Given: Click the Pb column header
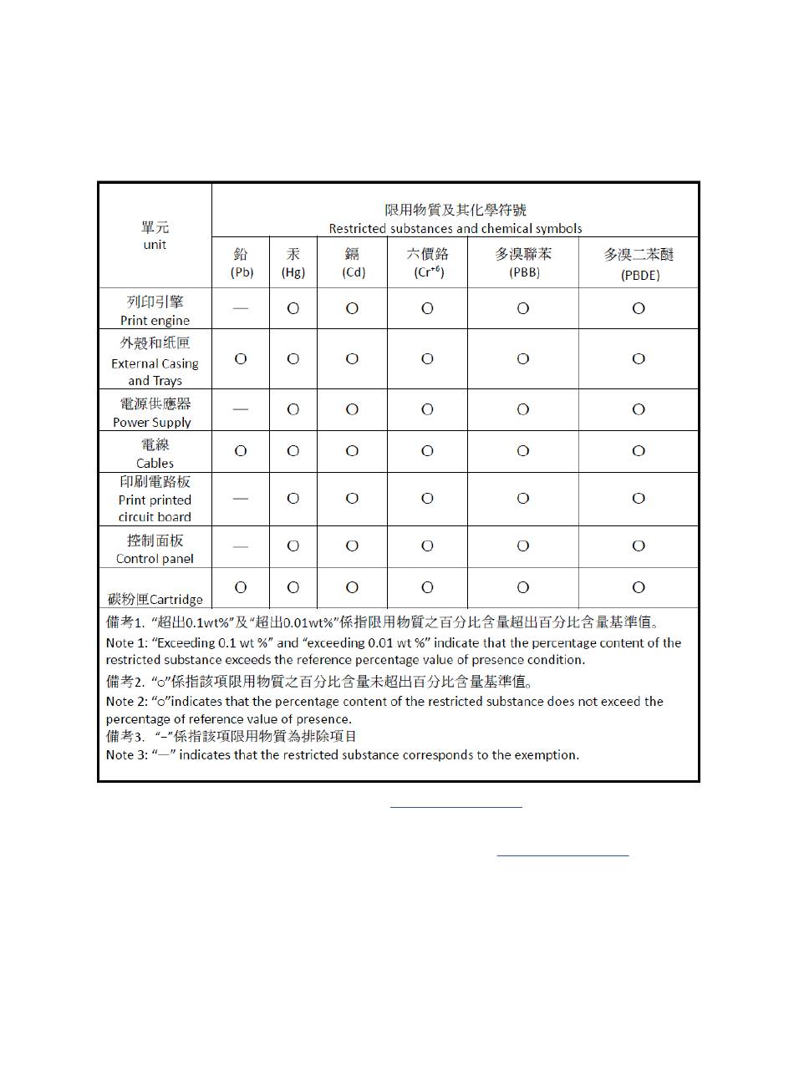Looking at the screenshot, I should click(242, 262).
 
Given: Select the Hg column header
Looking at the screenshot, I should click(293, 262).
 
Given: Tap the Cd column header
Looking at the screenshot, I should click(353, 262).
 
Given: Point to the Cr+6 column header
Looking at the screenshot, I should click(427, 262).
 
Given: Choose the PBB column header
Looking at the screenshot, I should click(523, 262).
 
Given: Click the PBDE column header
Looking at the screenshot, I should click(639, 263).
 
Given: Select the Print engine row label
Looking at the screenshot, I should click(155, 310).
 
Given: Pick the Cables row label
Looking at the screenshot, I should click(155, 453).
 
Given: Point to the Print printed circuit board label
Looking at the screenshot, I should click(155, 500).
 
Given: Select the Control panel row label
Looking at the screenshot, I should click(155, 549).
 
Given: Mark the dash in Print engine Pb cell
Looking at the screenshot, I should click(241, 308).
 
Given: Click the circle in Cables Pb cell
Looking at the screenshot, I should click(241, 451).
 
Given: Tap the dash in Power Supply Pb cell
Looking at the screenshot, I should click(241, 409).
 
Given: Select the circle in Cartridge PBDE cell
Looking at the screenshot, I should click(639, 588).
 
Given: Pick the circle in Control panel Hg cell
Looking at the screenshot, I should click(293, 546).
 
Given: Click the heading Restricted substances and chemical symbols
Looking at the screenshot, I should click(456, 228).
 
